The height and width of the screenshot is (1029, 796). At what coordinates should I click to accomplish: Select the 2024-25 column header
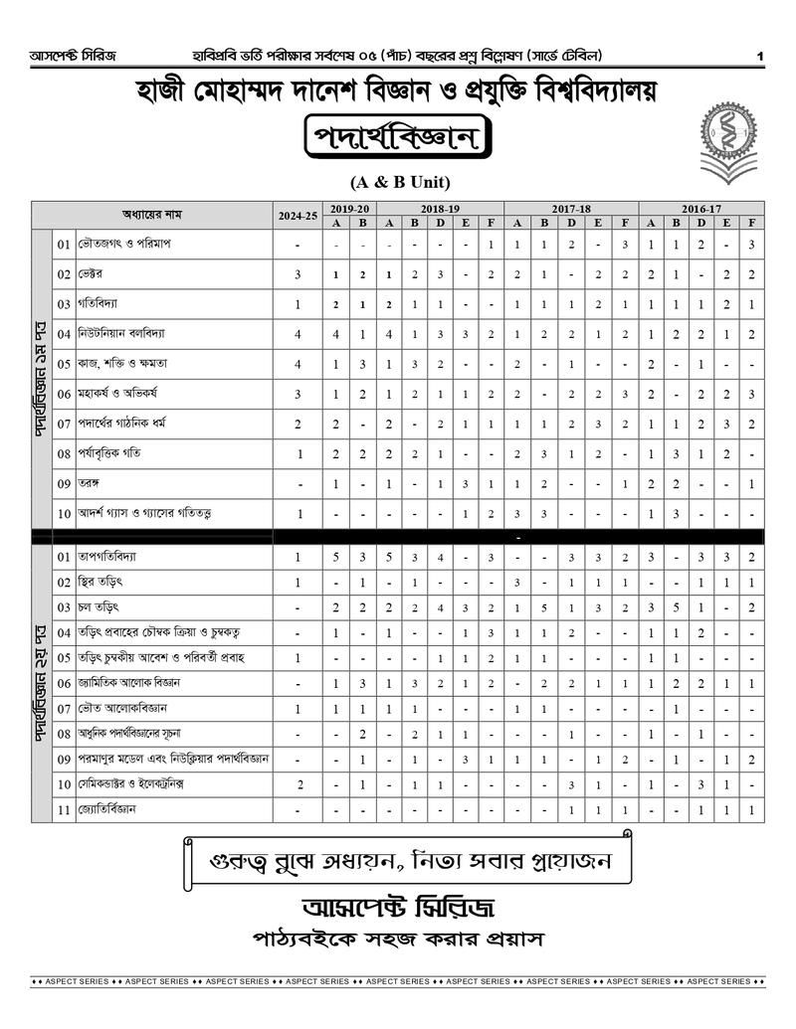tap(298, 215)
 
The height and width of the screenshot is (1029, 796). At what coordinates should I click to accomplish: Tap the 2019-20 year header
tap(350, 209)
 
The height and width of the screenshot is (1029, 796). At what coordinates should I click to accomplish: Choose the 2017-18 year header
tap(571, 209)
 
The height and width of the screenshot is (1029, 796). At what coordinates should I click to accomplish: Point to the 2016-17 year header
tap(700, 209)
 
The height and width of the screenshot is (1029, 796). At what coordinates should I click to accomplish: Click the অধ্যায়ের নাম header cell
tap(151, 215)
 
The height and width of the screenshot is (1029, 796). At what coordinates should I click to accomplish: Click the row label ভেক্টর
tap(93, 273)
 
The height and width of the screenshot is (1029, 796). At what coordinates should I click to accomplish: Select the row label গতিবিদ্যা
tap(100, 303)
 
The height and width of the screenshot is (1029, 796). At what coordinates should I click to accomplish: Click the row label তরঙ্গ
tap(91, 483)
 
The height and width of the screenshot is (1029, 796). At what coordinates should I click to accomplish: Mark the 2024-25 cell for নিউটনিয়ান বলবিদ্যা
tap(298, 334)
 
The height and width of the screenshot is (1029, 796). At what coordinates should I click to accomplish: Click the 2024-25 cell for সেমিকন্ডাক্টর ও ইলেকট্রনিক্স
tap(298, 784)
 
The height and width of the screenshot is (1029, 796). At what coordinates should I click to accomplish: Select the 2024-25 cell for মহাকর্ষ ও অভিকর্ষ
tap(298, 394)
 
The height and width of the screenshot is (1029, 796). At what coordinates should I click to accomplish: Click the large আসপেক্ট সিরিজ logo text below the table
tap(398, 908)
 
